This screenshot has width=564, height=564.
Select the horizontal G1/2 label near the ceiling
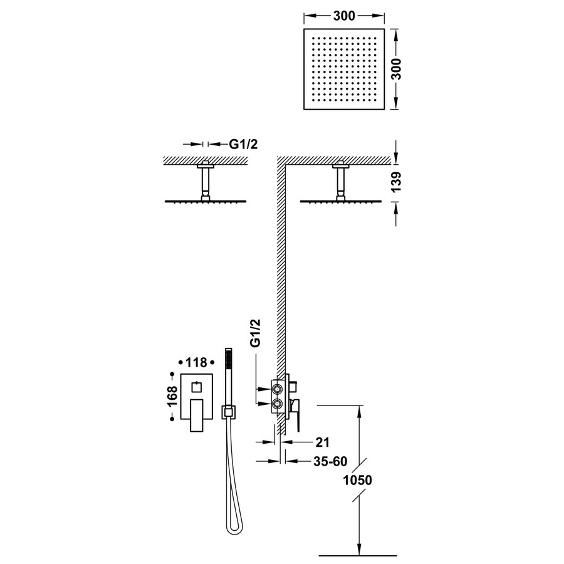pyautogui.click(x=243, y=144)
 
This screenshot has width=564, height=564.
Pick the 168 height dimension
pyautogui.click(x=171, y=401)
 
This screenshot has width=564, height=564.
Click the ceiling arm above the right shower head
pyautogui.click(x=341, y=182)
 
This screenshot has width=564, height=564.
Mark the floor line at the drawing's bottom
pyautogui.click(x=358, y=555)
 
